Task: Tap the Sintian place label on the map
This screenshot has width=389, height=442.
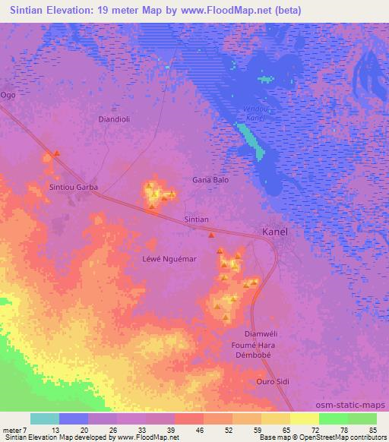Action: (x=197, y=219)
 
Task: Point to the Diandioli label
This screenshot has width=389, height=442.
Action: (x=117, y=119)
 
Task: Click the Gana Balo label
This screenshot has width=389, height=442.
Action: (x=210, y=180)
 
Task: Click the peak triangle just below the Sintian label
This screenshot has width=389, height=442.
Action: (x=211, y=235)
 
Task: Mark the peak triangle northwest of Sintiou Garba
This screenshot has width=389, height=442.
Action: (x=56, y=154)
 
